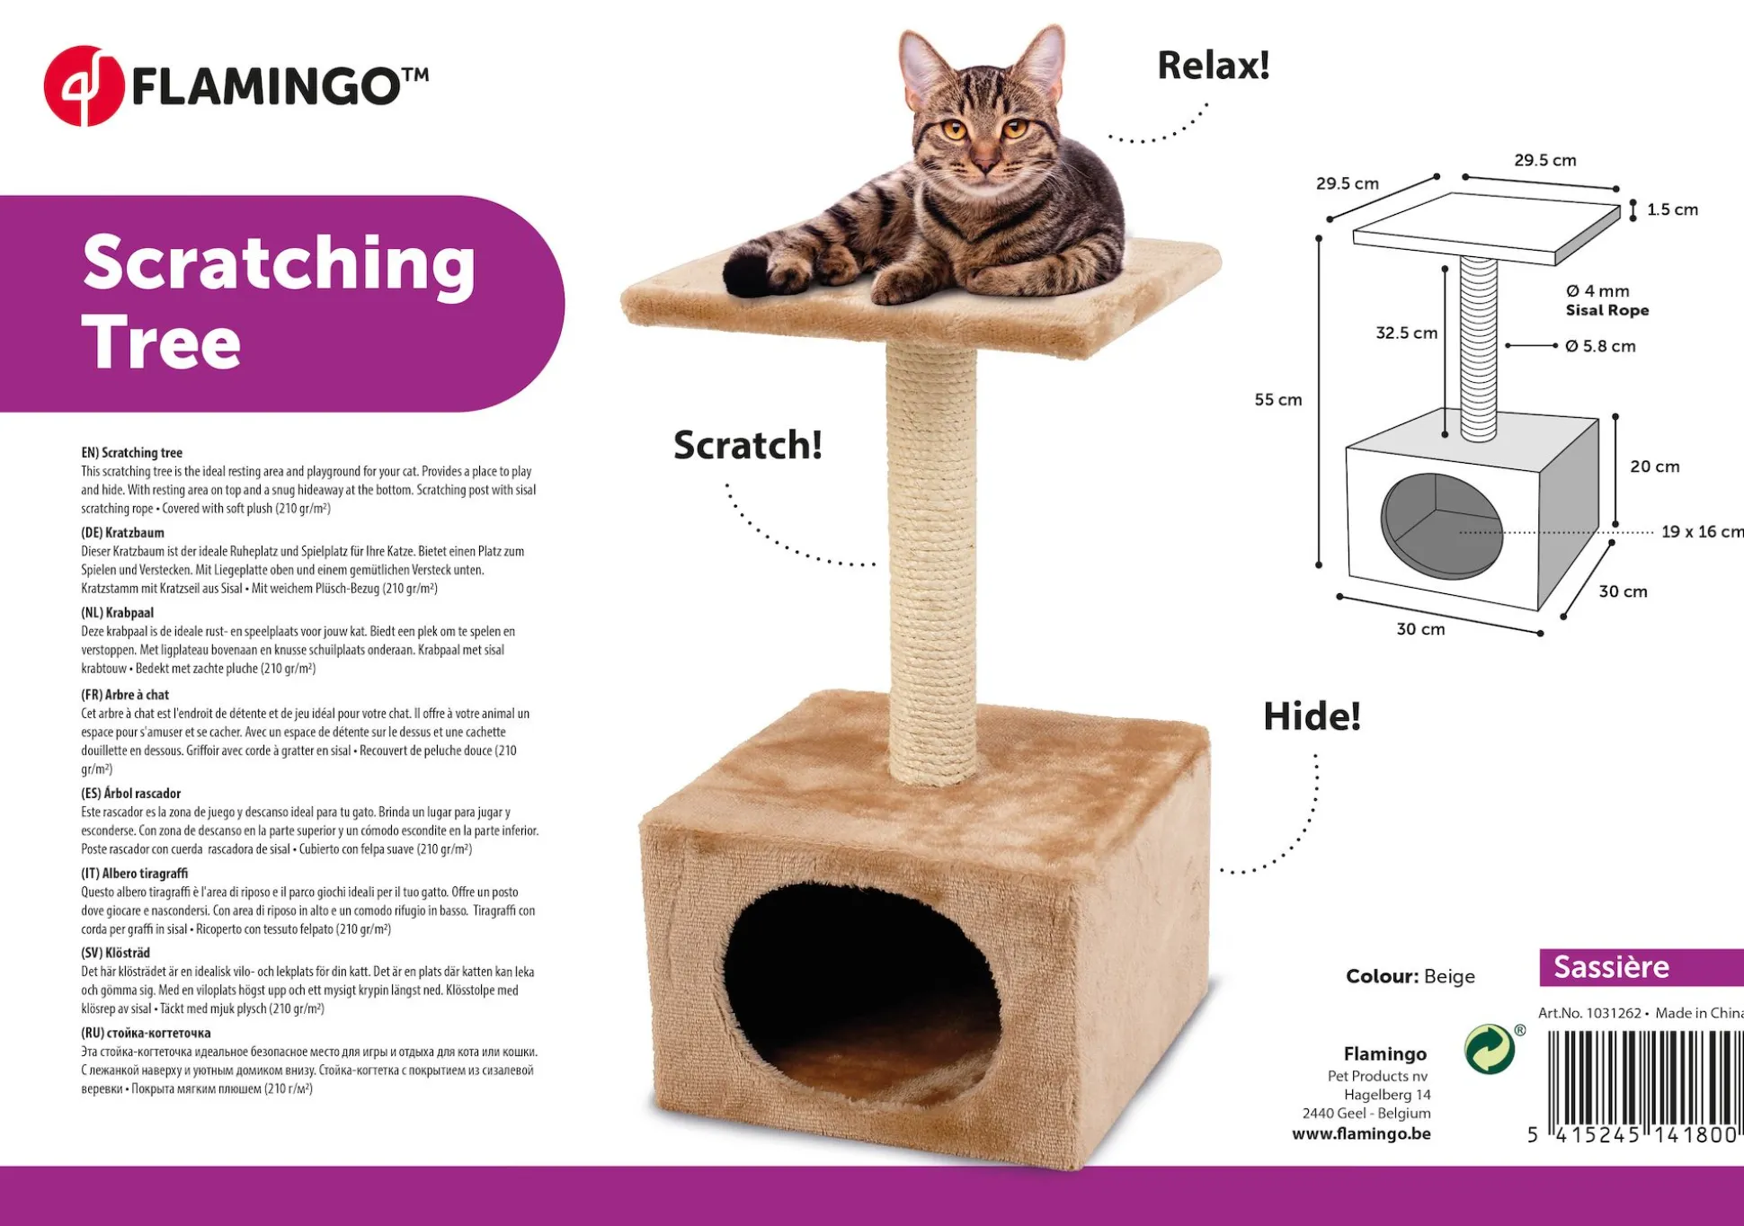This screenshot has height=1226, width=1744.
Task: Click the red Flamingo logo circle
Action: click(84, 86)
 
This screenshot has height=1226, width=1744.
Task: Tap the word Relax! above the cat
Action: click(1214, 66)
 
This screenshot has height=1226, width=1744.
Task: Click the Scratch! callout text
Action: click(748, 445)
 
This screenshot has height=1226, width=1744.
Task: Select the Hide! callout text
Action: click(1312, 716)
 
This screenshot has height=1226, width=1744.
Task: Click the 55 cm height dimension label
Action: click(1278, 400)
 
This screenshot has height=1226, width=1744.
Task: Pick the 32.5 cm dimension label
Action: click(1407, 333)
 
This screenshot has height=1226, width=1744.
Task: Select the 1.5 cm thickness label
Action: click(1672, 209)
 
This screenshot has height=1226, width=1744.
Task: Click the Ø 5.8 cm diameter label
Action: click(1600, 346)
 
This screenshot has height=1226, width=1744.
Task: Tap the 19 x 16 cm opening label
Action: click(1702, 531)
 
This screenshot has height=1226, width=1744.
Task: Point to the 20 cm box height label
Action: click(1655, 466)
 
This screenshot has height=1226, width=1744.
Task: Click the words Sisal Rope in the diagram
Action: click(1607, 310)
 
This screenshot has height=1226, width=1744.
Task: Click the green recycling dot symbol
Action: click(1490, 1049)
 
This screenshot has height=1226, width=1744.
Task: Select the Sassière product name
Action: click(1611, 967)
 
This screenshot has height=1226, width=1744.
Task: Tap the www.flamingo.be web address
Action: click(1361, 1133)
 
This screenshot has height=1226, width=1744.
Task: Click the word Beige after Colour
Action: click(1449, 976)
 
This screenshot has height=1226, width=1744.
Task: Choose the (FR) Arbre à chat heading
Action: click(125, 695)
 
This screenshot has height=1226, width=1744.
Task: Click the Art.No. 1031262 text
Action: click(1589, 1013)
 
